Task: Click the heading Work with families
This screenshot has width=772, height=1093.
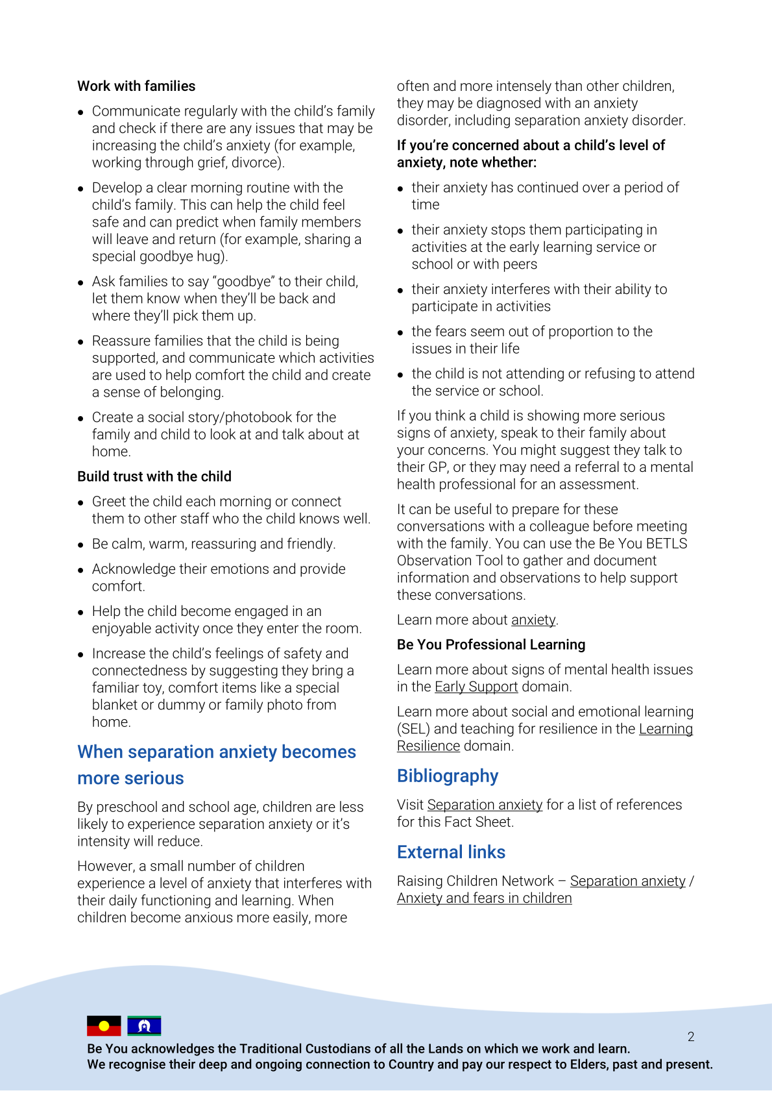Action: (136, 86)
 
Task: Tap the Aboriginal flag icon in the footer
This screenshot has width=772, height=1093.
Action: (104, 1025)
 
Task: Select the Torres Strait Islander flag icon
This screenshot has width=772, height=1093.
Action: (144, 1025)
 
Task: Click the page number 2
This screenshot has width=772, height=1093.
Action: (691, 1037)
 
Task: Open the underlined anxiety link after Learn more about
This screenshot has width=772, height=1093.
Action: (533, 620)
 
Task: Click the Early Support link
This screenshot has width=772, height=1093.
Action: (476, 687)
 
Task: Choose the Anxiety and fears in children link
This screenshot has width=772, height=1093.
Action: (484, 898)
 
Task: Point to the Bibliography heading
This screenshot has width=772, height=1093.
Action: (448, 776)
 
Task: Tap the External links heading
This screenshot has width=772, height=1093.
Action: (451, 852)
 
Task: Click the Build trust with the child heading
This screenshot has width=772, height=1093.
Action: (154, 476)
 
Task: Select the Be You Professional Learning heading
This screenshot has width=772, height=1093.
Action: (491, 645)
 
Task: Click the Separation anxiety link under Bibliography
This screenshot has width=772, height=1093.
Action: (485, 805)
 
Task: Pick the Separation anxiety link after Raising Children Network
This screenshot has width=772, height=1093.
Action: (627, 881)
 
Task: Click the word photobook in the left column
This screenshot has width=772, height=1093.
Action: (261, 417)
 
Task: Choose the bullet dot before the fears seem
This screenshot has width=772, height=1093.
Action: (400, 333)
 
